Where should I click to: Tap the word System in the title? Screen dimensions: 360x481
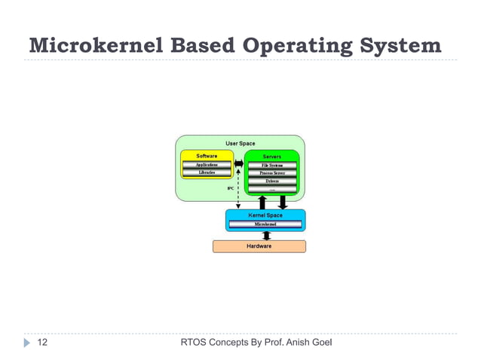tap(397, 46)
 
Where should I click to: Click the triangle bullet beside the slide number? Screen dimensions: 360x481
tap(27, 343)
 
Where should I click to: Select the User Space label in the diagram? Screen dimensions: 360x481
tap(240, 143)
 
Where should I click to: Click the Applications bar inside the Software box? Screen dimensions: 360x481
tap(207, 164)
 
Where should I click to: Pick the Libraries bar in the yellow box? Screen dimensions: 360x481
tap(207, 172)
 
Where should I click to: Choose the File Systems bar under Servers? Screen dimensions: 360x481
tap(272, 164)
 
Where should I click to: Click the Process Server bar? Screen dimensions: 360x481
tap(272, 172)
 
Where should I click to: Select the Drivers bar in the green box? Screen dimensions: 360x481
tap(272, 182)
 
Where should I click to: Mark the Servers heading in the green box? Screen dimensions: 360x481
tap(272, 156)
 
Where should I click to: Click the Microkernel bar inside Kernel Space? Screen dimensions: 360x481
tap(265, 224)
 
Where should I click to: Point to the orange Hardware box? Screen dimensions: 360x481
tap(259, 246)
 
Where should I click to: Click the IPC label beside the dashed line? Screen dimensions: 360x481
tap(231, 188)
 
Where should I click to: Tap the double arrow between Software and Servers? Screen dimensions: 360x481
tap(238, 164)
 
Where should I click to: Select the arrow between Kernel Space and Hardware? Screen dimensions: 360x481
tap(266, 236)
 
